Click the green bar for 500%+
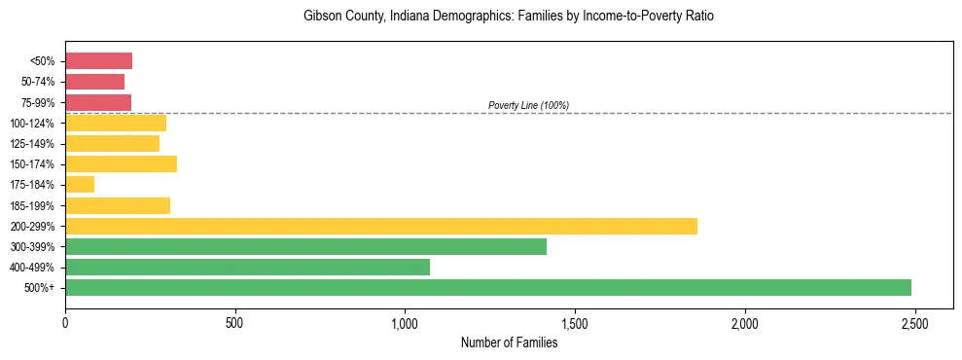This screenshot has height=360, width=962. pyautogui.click(x=487, y=287)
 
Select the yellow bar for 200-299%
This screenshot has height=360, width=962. pyautogui.click(x=380, y=226)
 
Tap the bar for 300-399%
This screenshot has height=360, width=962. pyautogui.click(x=305, y=246)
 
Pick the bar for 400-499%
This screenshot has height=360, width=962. pyautogui.click(x=247, y=267)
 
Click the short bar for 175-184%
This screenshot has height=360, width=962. pyautogui.click(x=80, y=184)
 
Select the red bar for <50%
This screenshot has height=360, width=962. pyautogui.click(x=98, y=61)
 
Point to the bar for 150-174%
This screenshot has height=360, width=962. pyautogui.click(x=121, y=163)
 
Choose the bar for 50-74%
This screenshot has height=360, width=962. pyautogui.click(x=94, y=82)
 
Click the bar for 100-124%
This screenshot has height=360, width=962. pyautogui.click(x=115, y=123)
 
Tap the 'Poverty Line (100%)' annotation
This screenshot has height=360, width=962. pyautogui.click(x=528, y=105)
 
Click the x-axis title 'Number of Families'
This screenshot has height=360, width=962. pyautogui.click(x=509, y=342)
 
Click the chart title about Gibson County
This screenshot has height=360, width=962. pyautogui.click(x=509, y=17)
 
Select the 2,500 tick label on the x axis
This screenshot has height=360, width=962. pyautogui.click(x=913, y=322)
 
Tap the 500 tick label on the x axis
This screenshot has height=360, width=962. pyautogui.click(x=234, y=322)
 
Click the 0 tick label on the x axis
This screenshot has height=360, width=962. pyautogui.click(x=65, y=322)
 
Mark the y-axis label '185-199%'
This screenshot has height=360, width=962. pyautogui.click(x=33, y=205)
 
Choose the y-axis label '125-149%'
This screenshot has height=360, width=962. pyautogui.click(x=33, y=144)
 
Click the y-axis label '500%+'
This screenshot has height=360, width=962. pyautogui.click(x=40, y=288)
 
